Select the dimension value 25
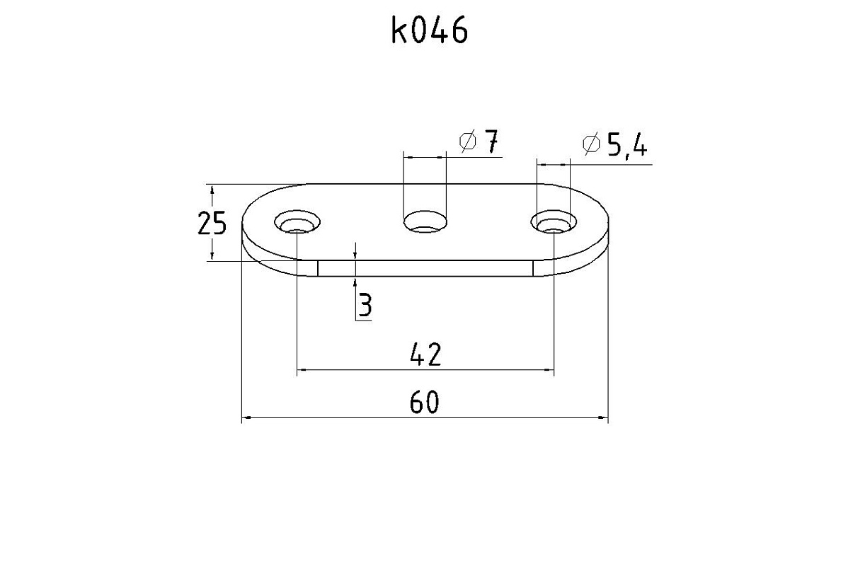coord(212,223)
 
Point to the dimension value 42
coord(425,354)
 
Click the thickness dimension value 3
coord(365,305)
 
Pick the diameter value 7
coord(491,141)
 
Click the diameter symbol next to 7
coord(468,141)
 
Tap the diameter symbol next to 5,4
coord(591,144)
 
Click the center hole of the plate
coord(425,221)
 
